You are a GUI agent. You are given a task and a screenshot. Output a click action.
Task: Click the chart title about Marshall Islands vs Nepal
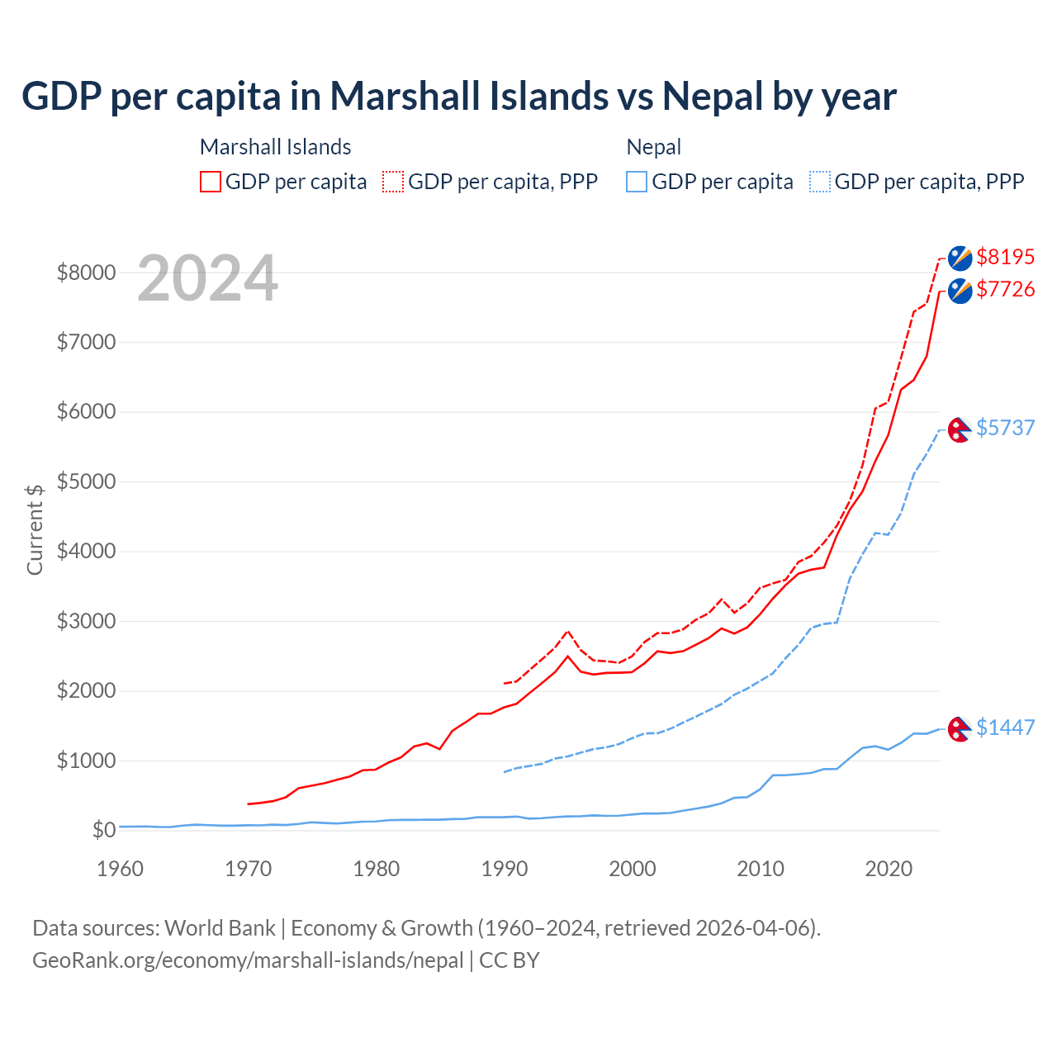(458, 97)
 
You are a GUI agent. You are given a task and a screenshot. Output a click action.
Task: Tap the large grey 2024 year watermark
(207, 278)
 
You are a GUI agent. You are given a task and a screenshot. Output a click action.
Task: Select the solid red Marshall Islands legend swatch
(211, 182)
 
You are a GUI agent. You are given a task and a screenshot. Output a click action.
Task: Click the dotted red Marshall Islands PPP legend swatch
(393, 182)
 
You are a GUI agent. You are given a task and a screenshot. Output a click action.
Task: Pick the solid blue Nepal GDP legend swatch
(637, 182)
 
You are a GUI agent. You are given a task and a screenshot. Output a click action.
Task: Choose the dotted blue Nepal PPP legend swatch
(820, 182)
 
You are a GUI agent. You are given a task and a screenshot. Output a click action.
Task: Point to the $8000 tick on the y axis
(86, 273)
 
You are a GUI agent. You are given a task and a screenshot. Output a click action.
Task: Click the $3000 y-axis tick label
(86, 621)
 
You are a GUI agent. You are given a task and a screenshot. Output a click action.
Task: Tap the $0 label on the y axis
(103, 830)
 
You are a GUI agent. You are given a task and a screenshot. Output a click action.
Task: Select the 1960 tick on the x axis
(121, 869)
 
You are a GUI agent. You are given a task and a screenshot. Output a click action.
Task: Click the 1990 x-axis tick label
(505, 869)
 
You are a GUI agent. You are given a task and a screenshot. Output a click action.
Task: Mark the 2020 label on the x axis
(889, 869)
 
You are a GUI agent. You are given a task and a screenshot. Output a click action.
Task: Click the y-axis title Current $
(35, 529)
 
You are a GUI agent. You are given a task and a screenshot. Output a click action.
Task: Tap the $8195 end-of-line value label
(1005, 257)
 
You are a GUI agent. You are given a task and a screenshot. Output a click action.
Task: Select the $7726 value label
(1005, 289)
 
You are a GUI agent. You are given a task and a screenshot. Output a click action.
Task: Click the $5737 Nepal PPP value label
(1005, 428)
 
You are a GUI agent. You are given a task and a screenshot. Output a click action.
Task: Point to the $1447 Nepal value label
(1005, 728)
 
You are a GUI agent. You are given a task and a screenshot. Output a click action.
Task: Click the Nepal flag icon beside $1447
(959, 729)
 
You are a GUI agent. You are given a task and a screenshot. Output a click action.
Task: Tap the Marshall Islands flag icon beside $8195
(960, 258)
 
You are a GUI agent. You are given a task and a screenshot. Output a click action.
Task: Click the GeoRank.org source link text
(248, 960)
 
